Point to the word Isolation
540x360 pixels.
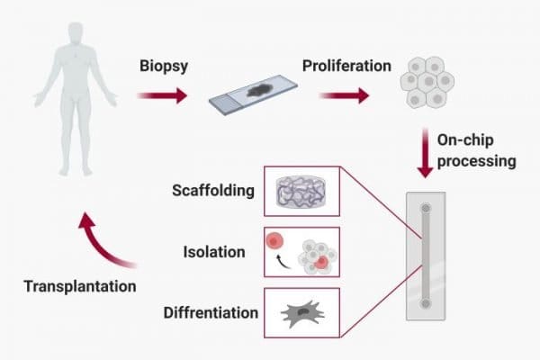[x=215, y=252]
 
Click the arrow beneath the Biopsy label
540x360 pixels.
[x=163, y=94]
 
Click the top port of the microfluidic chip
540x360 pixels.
[x=426, y=209]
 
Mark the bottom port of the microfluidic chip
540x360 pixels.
[x=426, y=304]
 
